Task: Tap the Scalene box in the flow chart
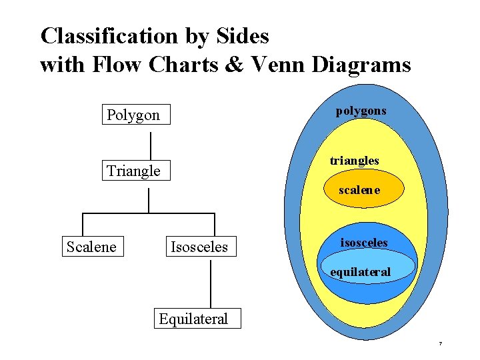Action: pos(91,247)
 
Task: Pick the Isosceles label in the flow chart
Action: pos(199,247)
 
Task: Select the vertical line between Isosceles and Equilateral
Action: pos(211,284)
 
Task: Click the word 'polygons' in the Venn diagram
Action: pos(361,110)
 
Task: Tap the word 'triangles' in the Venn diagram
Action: pos(355,161)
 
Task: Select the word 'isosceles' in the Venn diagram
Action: pos(363,243)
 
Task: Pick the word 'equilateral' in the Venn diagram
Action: pos(361,272)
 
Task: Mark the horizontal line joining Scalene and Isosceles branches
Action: pos(148,213)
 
